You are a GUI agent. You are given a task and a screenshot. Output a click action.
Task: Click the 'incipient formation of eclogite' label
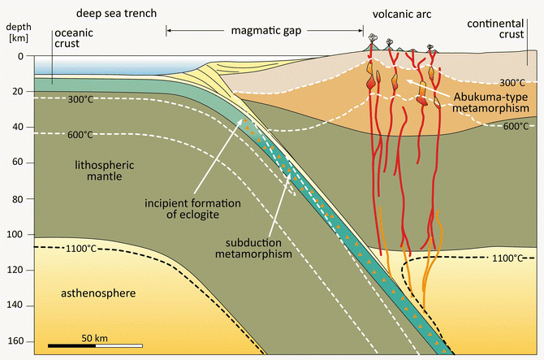click(x=181, y=208)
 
